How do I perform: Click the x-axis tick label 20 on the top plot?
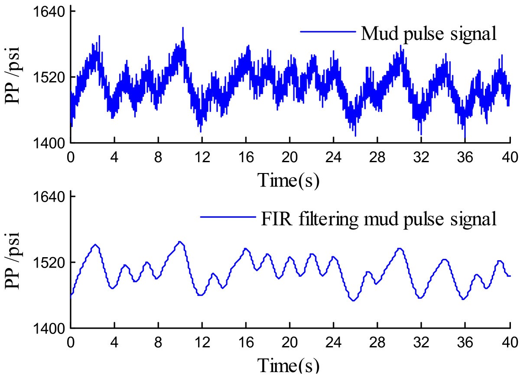(x=289, y=156)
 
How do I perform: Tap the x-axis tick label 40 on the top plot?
(x=509, y=156)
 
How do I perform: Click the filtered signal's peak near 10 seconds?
(x=180, y=242)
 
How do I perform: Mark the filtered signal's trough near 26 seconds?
(x=354, y=300)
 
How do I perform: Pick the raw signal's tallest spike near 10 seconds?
(x=183, y=28)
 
